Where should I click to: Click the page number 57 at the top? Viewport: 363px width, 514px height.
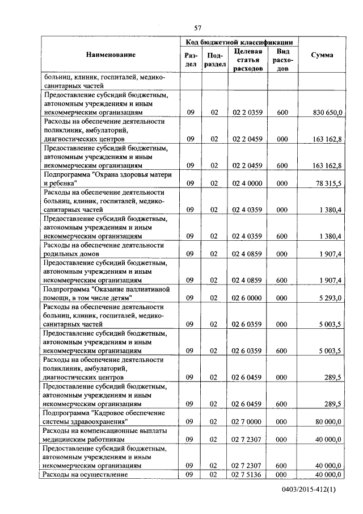(198, 28)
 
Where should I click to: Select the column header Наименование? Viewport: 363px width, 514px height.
(111, 55)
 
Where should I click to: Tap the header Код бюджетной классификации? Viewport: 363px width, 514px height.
(239, 42)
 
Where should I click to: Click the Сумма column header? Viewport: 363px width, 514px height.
(322, 55)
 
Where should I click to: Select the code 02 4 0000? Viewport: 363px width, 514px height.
(247, 183)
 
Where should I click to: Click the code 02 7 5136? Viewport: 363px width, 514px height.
(247, 474)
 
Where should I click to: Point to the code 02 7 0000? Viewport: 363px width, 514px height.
(247, 422)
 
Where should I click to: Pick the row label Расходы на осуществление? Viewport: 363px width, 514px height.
(86, 474)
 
